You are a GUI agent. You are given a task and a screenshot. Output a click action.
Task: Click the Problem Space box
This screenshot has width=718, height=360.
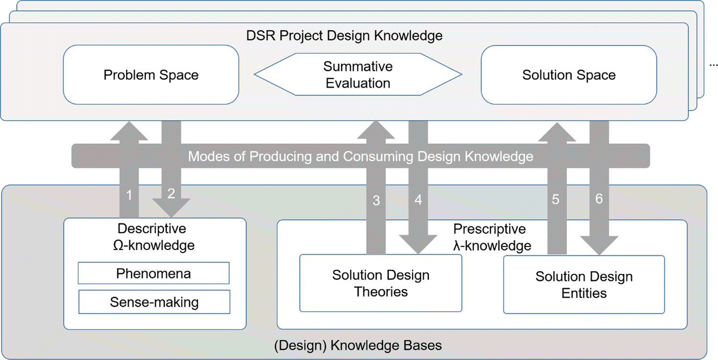pyautogui.click(x=151, y=75)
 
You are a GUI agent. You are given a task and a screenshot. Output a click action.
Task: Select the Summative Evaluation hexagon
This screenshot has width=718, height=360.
pyautogui.click(x=358, y=75)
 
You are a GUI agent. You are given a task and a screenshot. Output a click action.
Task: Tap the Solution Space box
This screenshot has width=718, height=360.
pyautogui.click(x=569, y=75)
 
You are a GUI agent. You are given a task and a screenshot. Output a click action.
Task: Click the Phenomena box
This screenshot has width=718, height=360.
pyautogui.click(x=154, y=273)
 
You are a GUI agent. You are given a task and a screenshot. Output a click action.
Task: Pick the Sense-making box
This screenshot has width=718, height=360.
pyautogui.click(x=154, y=302)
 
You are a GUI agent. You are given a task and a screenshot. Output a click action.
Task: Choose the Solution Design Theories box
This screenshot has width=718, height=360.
pyautogui.click(x=381, y=283)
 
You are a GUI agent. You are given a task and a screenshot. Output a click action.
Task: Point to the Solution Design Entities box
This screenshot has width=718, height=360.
pyautogui.click(x=584, y=284)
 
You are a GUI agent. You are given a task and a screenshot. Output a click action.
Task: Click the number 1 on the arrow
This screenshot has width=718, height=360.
pyautogui.click(x=128, y=194)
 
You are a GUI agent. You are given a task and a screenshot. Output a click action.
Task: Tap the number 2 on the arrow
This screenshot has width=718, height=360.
pyautogui.click(x=171, y=194)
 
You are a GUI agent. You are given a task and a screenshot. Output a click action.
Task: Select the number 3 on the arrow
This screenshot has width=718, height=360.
pyautogui.click(x=376, y=201)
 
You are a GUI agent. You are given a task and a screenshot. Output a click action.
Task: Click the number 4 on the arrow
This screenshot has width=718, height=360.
pyautogui.click(x=418, y=200)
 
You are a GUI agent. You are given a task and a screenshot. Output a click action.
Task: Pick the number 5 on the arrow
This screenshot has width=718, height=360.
pyautogui.click(x=555, y=199)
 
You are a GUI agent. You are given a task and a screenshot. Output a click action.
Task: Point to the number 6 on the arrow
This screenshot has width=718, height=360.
pyautogui.click(x=599, y=198)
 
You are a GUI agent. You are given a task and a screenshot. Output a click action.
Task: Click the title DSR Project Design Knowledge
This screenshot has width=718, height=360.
pyautogui.click(x=344, y=35)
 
